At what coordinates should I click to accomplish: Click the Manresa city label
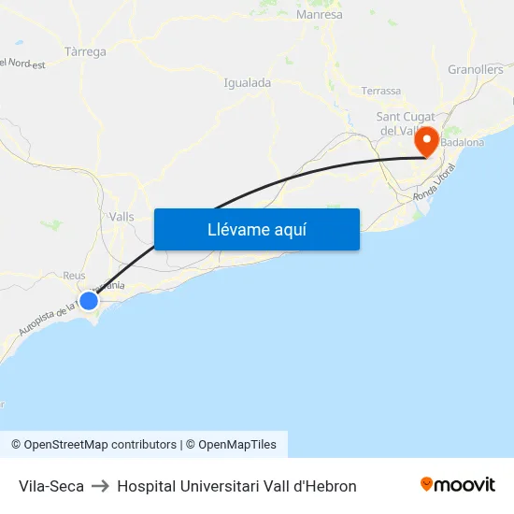click(319, 15)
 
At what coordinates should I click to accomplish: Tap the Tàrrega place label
click(86, 51)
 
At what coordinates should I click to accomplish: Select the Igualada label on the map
click(248, 82)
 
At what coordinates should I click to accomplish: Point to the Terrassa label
click(381, 91)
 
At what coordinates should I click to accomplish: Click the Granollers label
click(476, 69)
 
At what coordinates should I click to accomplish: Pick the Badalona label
click(463, 142)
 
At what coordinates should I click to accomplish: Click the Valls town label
click(121, 217)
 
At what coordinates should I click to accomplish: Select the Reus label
click(74, 276)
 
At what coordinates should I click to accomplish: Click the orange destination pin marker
click(427, 141)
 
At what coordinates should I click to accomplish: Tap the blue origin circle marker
click(89, 300)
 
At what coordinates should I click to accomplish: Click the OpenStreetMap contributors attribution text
click(100, 445)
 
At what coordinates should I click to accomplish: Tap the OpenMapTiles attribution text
click(237, 445)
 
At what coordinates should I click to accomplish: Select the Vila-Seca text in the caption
click(51, 486)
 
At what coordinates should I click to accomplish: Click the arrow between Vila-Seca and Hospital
click(100, 486)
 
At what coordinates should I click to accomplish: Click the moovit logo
click(458, 484)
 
